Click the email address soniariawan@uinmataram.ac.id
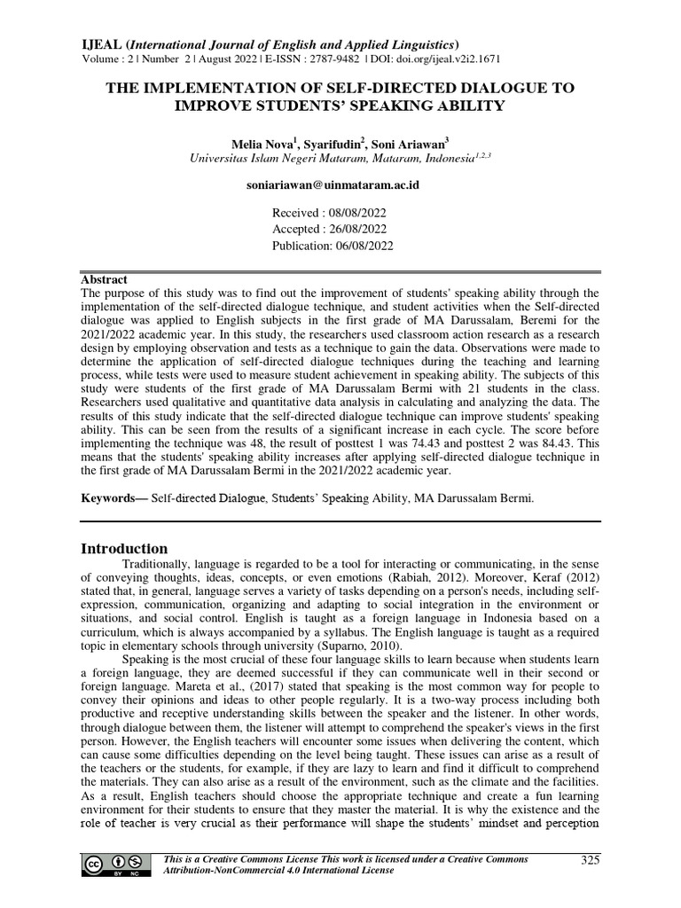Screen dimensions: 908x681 [x=332, y=185]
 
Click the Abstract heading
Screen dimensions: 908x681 [x=104, y=278]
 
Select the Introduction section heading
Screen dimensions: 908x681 [x=124, y=548]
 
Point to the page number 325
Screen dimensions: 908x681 [x=591, y=859]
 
